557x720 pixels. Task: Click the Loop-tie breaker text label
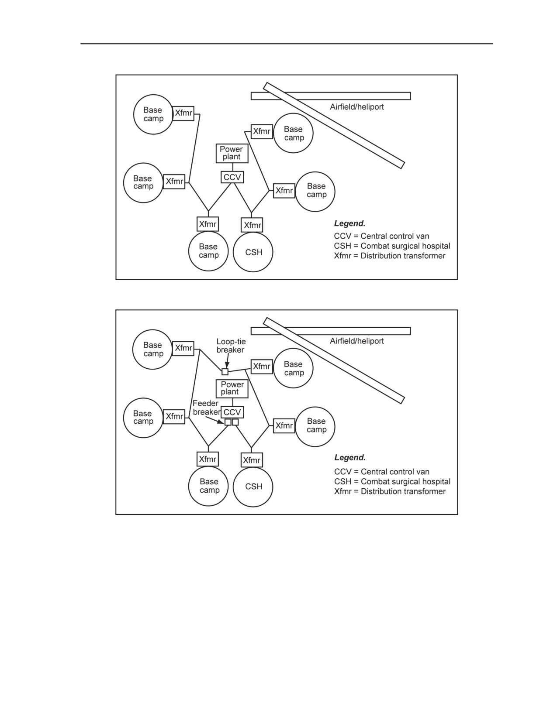tap(231, 346)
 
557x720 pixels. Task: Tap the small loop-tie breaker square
tap(225, 371)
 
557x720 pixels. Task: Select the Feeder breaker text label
tap(206, 408)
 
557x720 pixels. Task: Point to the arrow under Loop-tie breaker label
tap(228, 361)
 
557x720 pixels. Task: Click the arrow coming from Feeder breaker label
tap(215, 419)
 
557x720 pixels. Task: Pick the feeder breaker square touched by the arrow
tap(228, 422)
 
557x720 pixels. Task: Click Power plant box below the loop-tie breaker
tap(232, 388)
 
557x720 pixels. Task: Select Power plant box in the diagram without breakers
tap(232, 153)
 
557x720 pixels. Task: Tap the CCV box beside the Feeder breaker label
tap(232, 412)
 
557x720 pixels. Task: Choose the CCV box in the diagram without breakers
tap(232, 177)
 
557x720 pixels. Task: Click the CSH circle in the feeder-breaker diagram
tap(253, 487)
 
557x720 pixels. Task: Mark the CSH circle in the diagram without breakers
tap(253, 252)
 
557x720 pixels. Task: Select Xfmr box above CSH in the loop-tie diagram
tap(252, 460)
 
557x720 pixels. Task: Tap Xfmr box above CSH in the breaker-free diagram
tap(252, 225)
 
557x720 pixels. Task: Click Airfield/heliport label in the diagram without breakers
tap(357, 107)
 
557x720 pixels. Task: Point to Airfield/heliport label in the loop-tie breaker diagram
tap(357, 341)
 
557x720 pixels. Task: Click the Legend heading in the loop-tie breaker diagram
tap(350, 458)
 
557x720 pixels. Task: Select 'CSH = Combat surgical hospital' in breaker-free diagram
tap(392, 246)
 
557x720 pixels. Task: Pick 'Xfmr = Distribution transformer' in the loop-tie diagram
tap(390, 491)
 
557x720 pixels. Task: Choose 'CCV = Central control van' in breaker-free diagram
tap(381, 236)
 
